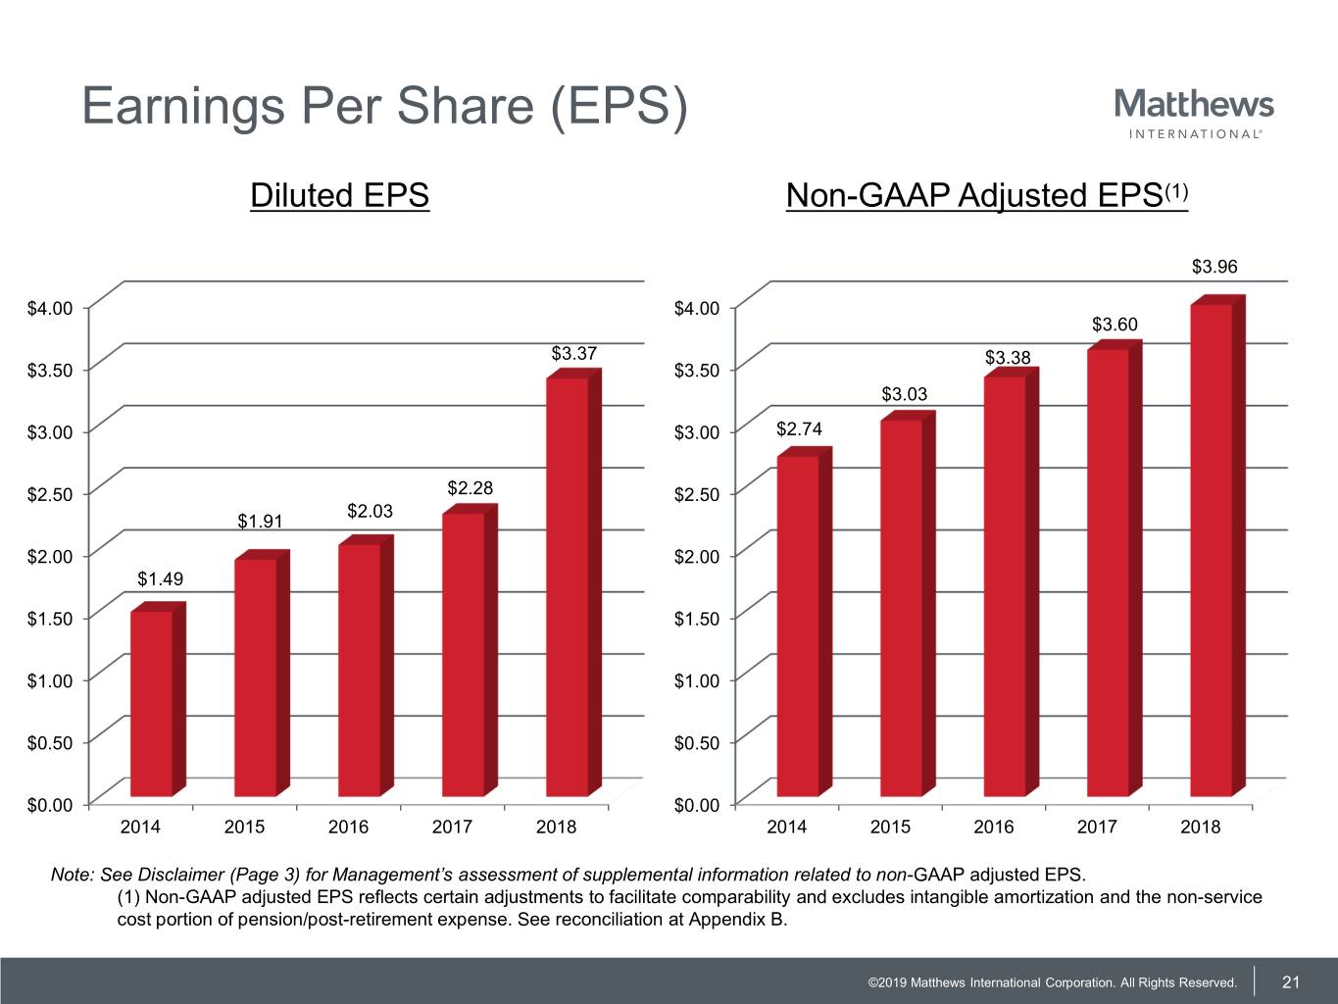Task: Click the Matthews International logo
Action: point(1194,113)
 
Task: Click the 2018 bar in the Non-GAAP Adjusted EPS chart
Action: point(1212,549)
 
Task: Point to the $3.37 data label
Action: point(574,353)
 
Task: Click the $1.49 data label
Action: point(160,579)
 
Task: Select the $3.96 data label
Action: point(1214,267)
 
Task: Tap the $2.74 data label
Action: point(799,429)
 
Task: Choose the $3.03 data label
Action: point(904,394)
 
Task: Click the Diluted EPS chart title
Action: point(339,195)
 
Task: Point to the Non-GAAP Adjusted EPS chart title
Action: point(986,195)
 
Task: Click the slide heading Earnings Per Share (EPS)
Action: point(384,106)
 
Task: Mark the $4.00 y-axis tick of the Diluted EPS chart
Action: point(50,309)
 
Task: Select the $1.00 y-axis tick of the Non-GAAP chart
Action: point(697,680)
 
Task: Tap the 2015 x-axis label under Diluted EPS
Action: point(244,827)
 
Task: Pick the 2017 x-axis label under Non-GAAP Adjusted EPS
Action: point(1097,827)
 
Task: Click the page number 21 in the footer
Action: point(1291,982)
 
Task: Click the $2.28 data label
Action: point(471,488)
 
